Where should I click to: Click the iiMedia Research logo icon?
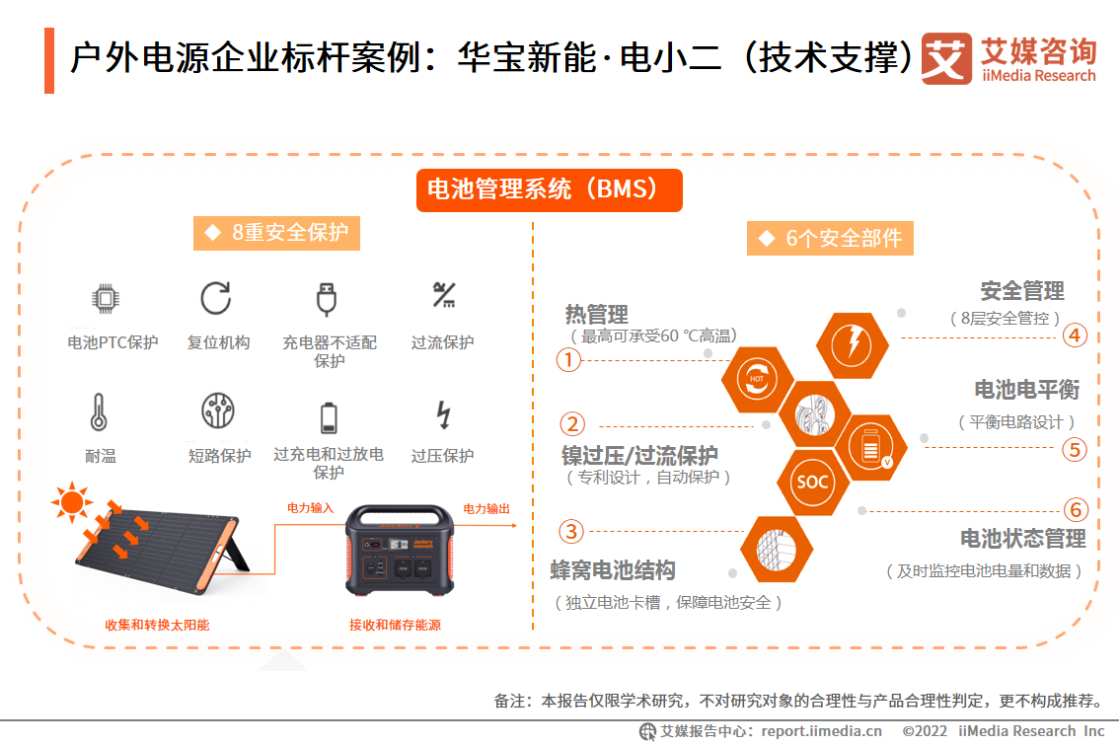click(x=946, y=58)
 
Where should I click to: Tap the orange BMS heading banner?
click(x=550, y=189)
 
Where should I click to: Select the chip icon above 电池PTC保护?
click(x=106, y=298)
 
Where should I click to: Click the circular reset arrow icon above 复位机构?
click(x=215, y=298)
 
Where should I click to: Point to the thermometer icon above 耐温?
click(x=99, y=411)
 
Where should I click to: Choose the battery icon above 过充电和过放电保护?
click(x=329, y=417)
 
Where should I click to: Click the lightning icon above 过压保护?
click(x=443, y=414)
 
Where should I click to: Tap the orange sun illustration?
click(x=71, y=502)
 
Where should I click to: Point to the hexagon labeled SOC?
click(x=812, y=482)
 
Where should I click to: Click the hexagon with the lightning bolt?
click(x=852, y=345)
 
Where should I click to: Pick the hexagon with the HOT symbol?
click(x=757, y=379)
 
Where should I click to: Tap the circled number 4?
click(x=1075, y=336)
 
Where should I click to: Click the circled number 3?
click(x=571, y=531)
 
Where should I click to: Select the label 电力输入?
click(x=311, y=508)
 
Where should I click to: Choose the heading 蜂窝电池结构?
click(x=613, y=570)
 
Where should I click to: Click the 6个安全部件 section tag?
click(x=830, y=239)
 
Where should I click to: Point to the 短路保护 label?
click(x=219, y=456)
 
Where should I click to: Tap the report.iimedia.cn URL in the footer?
click(x=821, y=731)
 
